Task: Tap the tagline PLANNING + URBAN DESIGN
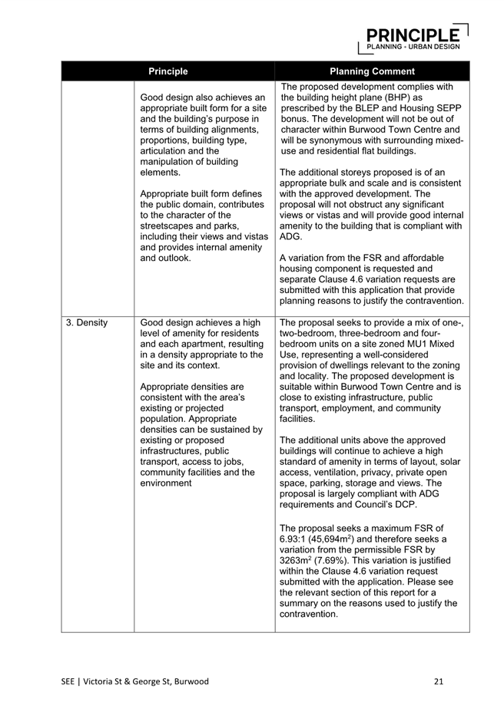click(x=413, y=47)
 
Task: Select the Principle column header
click(x=167, y=71)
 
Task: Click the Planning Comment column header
click(x=372, y=71)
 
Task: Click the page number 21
click(x=439, y=681)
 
